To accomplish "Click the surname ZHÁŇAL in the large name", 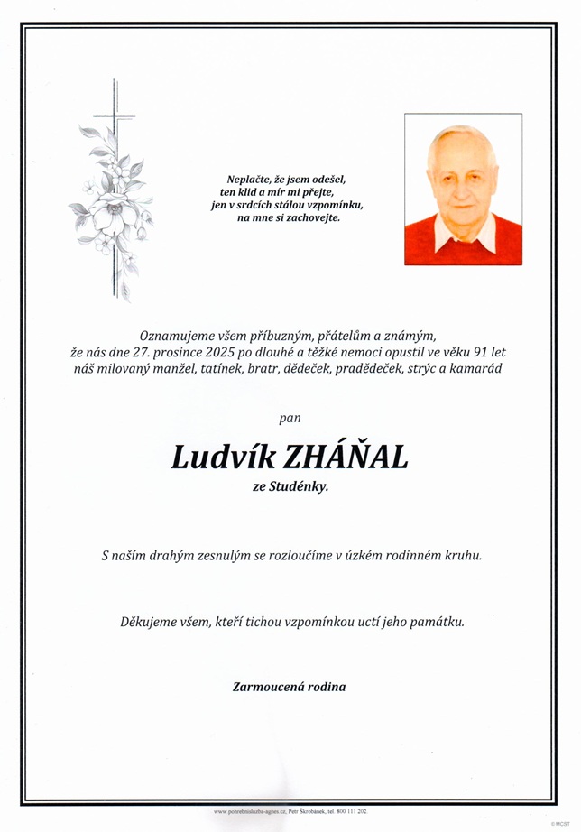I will [x=346, y=458].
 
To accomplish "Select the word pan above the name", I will [x=290, y=418].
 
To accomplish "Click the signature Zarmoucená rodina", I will [x=289, y=687].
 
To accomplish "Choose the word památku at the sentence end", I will [x=438, y=622].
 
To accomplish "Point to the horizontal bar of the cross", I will [x=115, y=116].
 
